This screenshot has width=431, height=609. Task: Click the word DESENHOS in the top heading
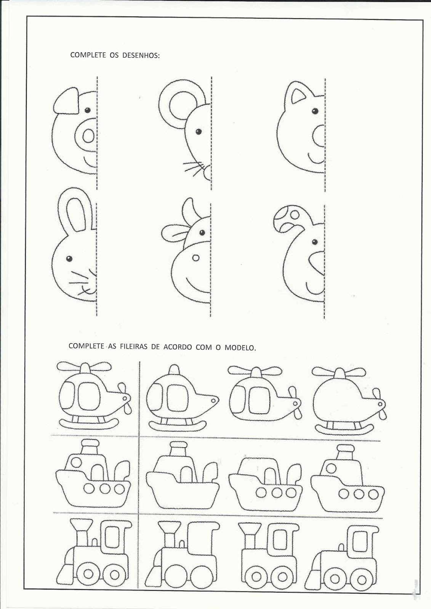pos(141,55)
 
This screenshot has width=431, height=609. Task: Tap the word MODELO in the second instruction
pos(240,348)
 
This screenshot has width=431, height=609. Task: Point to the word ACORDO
pos(178,347)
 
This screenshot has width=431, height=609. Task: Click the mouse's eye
pos(199,132)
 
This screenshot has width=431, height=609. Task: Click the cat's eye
pos(315,111)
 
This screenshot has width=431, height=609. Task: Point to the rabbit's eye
pos(69,259)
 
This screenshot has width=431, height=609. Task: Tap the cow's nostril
pos(196,258)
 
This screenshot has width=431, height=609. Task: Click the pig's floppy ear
pos(66,101)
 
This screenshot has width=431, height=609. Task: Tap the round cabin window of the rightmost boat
pos(331,469)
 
